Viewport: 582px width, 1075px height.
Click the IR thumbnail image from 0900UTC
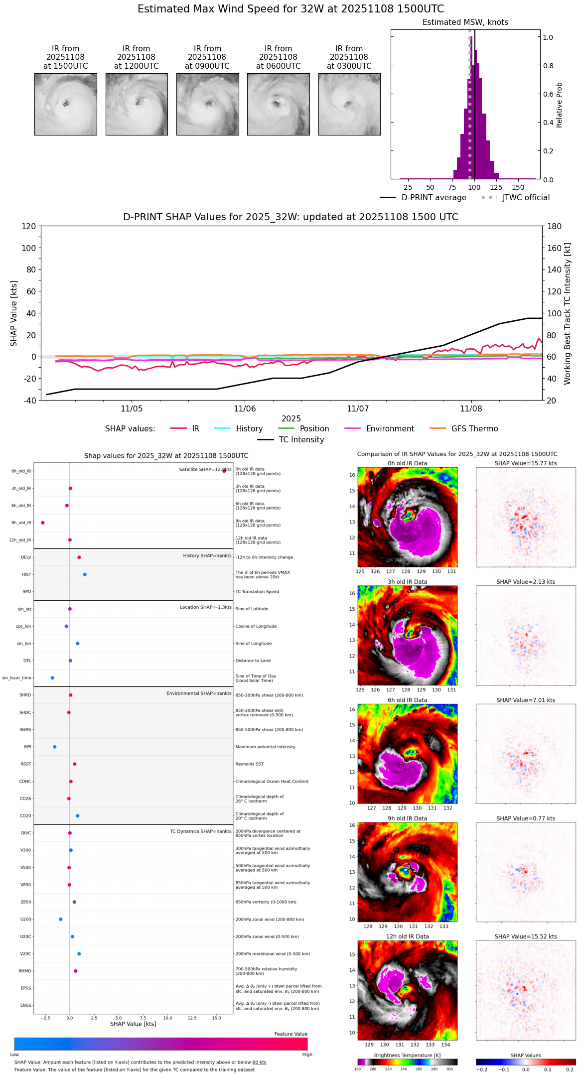tap(207, 104)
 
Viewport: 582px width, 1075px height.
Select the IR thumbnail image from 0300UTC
tap(349, 104)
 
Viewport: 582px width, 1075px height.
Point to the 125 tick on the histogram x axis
tap(496, 187)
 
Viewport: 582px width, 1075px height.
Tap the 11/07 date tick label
tap(358, 408)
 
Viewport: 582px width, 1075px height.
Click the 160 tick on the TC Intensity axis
tap(554, 248)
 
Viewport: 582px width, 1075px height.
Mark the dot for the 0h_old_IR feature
tap(224, 471)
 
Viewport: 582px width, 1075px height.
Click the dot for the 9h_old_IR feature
tap(43, 523)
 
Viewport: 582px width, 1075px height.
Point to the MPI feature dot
tap(55, 747)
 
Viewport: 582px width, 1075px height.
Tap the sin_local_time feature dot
tap(52, 677)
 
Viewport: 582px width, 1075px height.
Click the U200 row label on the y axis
tap(25, 919)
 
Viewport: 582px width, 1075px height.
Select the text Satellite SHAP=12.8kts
tap(205, 470)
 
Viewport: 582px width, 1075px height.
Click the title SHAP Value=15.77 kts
tap(526, 463)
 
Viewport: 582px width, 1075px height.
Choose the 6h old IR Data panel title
tap(407, 700)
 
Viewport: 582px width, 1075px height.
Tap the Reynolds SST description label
tap(250, 764)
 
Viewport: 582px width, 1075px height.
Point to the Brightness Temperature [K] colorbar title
tap(407, 1055)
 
